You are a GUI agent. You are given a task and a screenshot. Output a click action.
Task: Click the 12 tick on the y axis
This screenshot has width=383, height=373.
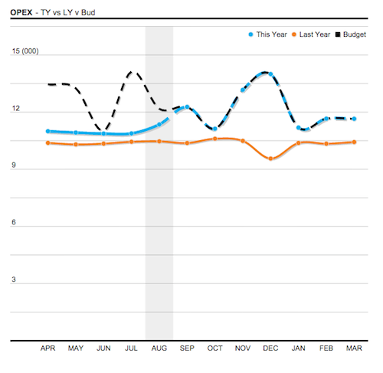pyautogui.click(x=15, y=110)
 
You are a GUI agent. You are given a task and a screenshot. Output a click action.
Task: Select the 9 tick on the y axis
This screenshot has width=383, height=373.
pyautogui.click(x=14, y=166)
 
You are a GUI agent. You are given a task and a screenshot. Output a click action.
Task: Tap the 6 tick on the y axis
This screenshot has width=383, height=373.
pyautogui.click(x=14, y=223)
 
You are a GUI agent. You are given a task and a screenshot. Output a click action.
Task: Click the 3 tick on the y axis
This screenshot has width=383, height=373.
pyautogui.click(x=14, y=280)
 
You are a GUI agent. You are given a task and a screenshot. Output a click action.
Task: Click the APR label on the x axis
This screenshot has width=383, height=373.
pyautogui.click(x=48, y=348)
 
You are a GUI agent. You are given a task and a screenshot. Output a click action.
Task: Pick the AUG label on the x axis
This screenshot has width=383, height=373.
pyautogui.click(x=159, y=348)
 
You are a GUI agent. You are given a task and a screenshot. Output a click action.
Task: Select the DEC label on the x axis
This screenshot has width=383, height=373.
pyautogui.click(x=270, y=348)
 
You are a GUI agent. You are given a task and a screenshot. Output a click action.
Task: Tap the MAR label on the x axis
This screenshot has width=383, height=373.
pyautogui.click(x=354, y=348)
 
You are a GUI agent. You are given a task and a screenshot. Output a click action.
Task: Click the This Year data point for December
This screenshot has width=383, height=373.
pyautogui.click(x=270, y=74)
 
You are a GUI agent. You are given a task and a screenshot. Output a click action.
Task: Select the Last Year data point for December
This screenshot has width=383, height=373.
pyautogui.click(x=270, y=159)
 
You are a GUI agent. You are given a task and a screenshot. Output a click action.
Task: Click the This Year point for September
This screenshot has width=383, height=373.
pyautogui.click(x=187, y=107)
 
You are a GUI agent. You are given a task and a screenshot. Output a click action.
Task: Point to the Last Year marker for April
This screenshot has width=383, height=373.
pyautogui.click(x=48, y=142)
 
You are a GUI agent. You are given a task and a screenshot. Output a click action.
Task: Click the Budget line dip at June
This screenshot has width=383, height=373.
pyautogui.click(x=103, y=129)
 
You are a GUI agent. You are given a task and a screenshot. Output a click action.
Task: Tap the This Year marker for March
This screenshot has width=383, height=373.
pyautogui.click(x=354, y=119)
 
